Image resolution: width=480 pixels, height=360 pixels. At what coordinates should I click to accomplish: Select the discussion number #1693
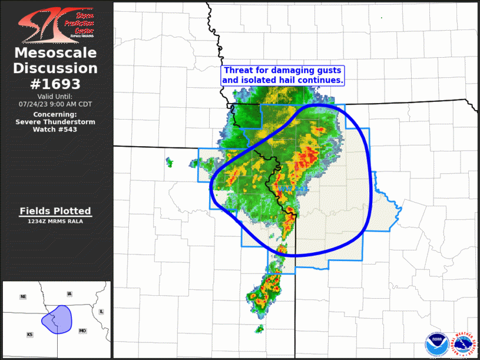56,84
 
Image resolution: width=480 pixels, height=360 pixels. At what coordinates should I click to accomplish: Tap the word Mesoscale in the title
56,53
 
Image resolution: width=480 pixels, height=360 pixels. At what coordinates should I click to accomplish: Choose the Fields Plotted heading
56,211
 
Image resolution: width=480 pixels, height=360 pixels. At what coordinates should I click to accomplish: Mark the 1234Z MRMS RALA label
56,221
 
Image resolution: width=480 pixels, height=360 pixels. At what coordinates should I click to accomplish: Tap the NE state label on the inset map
23,296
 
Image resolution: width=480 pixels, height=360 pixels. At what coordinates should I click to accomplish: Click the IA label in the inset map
69,293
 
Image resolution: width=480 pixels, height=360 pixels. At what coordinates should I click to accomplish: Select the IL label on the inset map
101,311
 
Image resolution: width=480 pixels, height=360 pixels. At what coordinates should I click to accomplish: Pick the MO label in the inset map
82,331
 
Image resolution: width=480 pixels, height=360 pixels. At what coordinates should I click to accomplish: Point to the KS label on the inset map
30,334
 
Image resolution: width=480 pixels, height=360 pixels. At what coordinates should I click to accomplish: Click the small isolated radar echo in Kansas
169,161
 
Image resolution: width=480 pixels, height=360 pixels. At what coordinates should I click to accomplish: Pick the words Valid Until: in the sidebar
55,96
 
